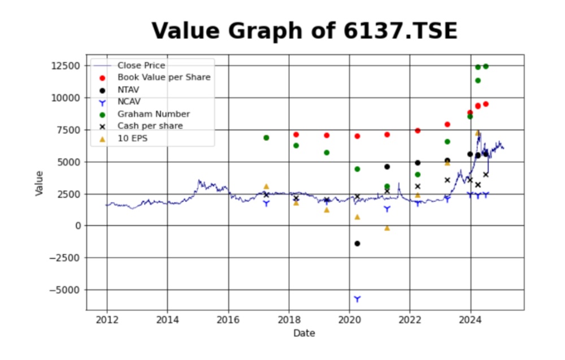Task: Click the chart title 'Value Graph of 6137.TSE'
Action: (x=304, y=31)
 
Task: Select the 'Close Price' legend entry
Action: (x=141, y=66)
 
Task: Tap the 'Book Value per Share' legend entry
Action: (x=164, y=77)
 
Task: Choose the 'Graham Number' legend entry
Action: (x=153, y=114)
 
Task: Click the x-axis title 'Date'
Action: (x=304, y=333)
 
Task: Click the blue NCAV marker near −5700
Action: (x=357, y=298)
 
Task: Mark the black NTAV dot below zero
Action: (x=357, y=244)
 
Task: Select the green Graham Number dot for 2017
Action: (x=266, y=138)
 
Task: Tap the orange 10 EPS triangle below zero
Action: (x=387, y=228)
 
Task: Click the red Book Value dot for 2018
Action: (x=296, y=135)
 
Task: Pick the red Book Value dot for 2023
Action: (x=447, y=124)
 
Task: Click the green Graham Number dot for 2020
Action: (x=357, y=169)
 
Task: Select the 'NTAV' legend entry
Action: (x=129, y=90)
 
